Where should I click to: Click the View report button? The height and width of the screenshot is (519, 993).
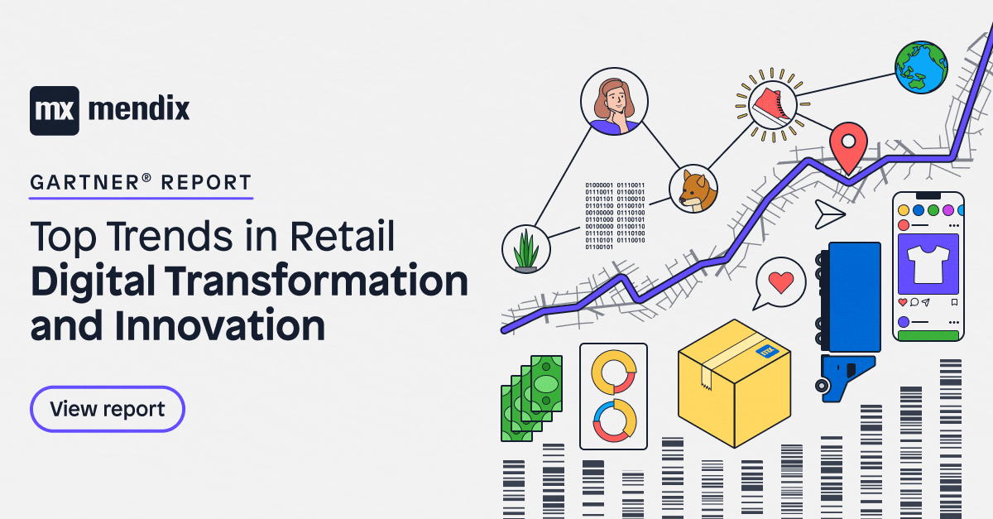point(108,409)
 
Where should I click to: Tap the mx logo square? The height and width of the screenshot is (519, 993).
point(55,110)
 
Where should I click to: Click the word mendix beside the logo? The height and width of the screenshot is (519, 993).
point(138,108)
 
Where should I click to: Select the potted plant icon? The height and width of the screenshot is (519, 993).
point(526,248)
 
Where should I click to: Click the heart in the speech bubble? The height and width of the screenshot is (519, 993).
point(780,282)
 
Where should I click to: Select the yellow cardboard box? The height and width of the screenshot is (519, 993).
point(733,382)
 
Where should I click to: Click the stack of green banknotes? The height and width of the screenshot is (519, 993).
point(532,397)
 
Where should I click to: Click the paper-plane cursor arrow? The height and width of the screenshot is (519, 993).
point(828,214)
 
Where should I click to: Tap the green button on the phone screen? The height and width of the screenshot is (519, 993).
point(928,335)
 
